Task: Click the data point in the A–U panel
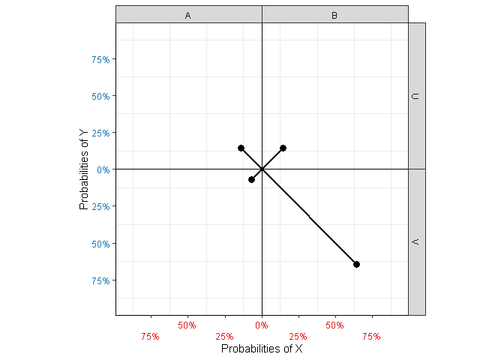[241, 148]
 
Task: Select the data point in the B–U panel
[283, 148]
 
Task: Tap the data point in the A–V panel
[251, 179]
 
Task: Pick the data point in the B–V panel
[356, 264]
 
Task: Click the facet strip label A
[187, 15]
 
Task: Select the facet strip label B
[334, 15]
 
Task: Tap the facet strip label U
[417, 96]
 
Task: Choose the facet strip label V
[417, 241]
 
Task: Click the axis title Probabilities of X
[262, 349]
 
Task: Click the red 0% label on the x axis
[262, 325]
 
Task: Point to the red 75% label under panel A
[150, 337]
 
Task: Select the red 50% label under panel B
[335, 325]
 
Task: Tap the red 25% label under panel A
[224, 337]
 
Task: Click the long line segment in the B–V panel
[309, 217]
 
